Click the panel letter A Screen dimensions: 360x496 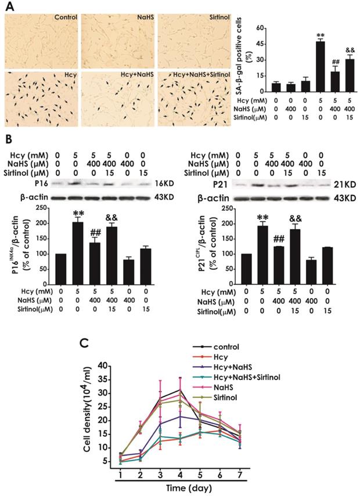10,6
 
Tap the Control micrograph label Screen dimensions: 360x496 66,17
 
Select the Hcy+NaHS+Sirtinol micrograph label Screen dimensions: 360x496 201,75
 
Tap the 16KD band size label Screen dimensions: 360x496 164,183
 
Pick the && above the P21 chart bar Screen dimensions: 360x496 296,219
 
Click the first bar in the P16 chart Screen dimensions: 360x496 61,269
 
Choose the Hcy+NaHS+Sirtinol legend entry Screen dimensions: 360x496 236,377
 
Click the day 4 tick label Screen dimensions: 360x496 180,474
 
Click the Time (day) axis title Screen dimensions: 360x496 190,488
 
